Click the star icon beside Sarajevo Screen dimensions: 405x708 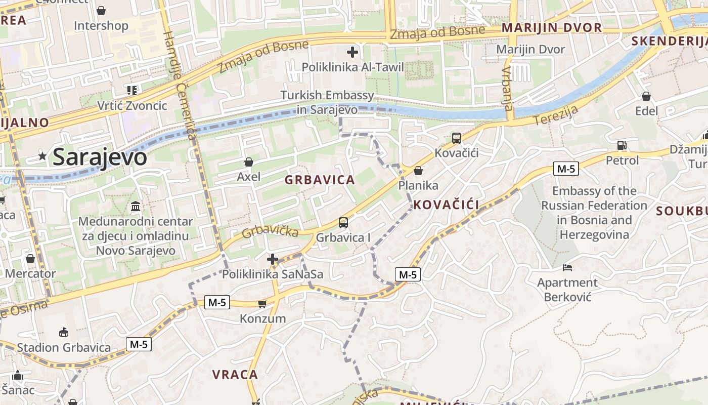point(42,157)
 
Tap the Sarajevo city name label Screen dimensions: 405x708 point(100,157)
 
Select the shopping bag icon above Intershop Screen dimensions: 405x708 point(101,11)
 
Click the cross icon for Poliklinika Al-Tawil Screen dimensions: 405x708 point(352,52)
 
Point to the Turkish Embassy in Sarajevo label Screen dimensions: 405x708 point(327,102)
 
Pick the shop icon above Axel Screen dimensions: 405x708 point(248,162)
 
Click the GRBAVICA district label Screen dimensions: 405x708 point(320,180)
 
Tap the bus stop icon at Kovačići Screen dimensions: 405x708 point(456,138)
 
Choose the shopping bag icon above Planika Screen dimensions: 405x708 point(418,171)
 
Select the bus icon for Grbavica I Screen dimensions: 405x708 point(343,222)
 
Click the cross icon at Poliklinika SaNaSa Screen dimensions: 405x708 point(273,259)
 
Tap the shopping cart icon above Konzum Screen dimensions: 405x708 point(262,304)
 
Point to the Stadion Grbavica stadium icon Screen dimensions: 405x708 point(64,333)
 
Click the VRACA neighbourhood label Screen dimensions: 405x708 point(235,375)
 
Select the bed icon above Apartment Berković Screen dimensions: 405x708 point(567,268)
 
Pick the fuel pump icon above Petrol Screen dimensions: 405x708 point(622,145)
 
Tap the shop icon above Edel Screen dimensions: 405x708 point(646,96)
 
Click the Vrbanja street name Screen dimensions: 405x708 point(507,88)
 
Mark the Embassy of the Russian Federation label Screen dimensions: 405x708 point(594,213)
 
